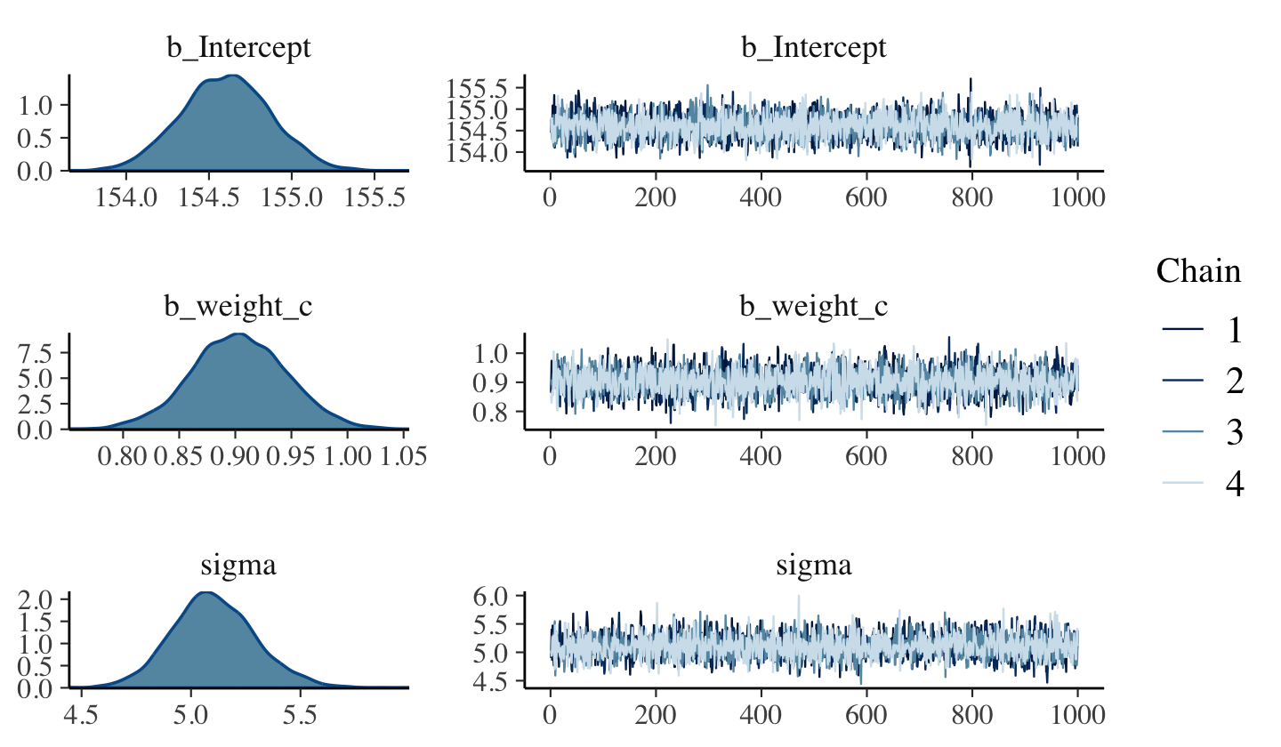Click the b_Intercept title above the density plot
point(239,47)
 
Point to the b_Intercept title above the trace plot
point(814,47)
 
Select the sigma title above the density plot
point(239,565)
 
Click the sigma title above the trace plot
point(814,565)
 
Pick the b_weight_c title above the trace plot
point(814,306)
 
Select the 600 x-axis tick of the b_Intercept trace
point(866,197)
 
